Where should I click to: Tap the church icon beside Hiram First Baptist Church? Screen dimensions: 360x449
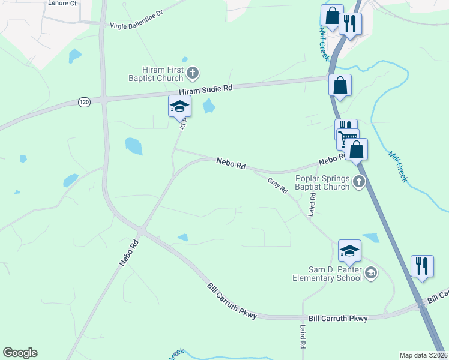click(x=193, y=74)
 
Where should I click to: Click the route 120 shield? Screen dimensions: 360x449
click(x=84, y=103)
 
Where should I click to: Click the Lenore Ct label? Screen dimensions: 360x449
click(x=62, y=3)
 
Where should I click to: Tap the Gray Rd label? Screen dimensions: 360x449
click(x=277, y=185)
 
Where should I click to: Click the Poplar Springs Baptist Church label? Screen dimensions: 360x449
click(x=322, y=182)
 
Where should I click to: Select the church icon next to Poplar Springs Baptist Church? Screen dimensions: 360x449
click(x=359, y=182)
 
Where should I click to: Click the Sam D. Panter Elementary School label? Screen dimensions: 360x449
click(x=327, y=274)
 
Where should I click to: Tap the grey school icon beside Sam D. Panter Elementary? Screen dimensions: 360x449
click(x=371, y=274)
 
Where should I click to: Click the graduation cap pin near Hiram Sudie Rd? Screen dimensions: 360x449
click(x=179, y=107)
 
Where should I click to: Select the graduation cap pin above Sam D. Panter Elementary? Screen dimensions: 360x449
click(x=349, y=250)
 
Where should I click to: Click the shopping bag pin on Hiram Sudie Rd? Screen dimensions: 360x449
click(x=340, y=85)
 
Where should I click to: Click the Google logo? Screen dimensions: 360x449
click(x=20, y=353)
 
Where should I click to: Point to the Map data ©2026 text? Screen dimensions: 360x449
click(x=424, y=355)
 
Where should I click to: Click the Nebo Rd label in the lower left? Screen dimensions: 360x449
click(x=129, y=254)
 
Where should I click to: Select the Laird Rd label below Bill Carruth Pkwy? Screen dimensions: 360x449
click(x=303, y=337)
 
